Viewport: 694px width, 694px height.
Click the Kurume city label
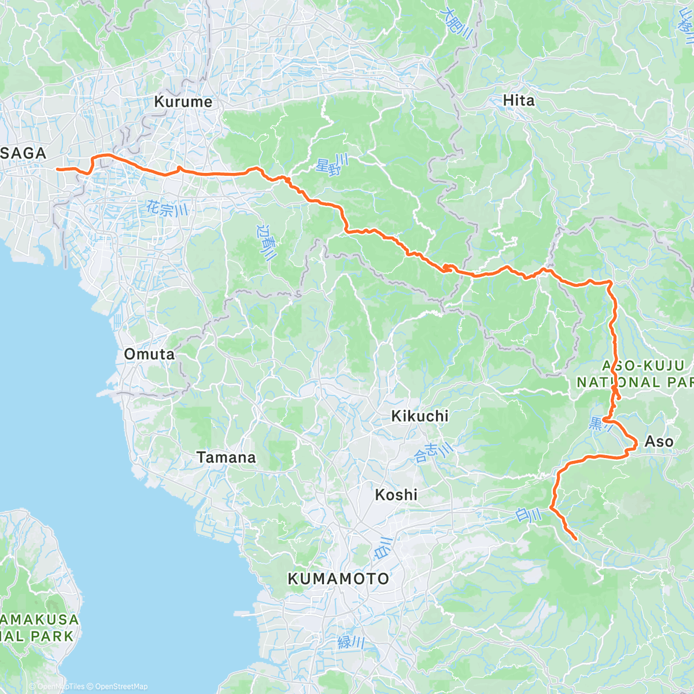(x=183, y=102)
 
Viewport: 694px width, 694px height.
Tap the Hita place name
(x=519, y=101)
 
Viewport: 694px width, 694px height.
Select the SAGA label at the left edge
(x=24, y=153)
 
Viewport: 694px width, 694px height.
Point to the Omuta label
(x=149, y=354)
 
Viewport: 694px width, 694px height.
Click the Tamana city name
(x=226, y=457)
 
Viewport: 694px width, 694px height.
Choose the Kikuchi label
(x=420, y=416)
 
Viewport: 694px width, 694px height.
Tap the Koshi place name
(x=396, y=495)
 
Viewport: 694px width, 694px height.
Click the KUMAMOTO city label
(x=338, y=579)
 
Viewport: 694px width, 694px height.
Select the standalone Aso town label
(x=659, y=442)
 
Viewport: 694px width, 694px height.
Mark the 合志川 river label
(x=434, y=451)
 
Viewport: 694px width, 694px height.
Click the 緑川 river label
(x=351, y=642)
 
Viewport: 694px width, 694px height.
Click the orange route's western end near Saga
(x=57, y=169)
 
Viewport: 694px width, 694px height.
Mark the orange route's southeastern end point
(x=576, y=540)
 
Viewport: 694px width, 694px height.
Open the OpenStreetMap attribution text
(x=121, y=686)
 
